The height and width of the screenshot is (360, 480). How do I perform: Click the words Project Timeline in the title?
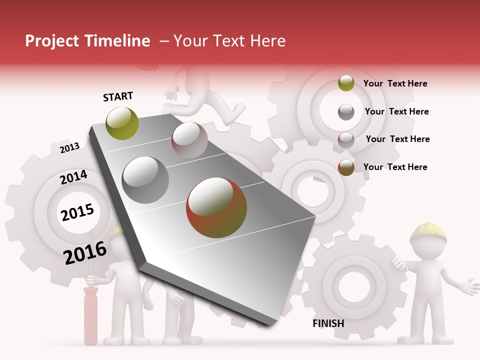(x=87, y=41)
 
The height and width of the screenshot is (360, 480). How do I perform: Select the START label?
(x=118, y=96)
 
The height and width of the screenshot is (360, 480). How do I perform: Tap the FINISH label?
(x=328, y=323)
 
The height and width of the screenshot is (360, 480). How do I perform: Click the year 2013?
(x=69, y=147)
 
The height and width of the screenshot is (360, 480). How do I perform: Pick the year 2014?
(x=73, y=177)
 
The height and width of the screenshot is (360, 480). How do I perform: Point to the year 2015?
(x=77, y=212)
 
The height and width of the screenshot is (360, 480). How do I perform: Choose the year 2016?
(x=85, y=252)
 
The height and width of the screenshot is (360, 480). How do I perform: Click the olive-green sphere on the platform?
(x=122, y=123)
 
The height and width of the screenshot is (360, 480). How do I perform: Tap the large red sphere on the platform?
(x=216, y=207)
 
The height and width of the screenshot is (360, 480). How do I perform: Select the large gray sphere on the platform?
(x=145, y=180)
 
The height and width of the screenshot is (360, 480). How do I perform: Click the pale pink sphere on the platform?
(x=189, y=140)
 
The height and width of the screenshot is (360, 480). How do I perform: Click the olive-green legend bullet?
(x=346, y=83)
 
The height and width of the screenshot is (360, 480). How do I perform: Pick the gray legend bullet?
(x=346, y=112)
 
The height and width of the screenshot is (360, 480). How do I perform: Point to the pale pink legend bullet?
(x=346, y=140)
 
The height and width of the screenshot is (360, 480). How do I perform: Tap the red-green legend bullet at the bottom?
(x=346, y=167)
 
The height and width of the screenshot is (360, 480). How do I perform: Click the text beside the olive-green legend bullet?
(x=395, y=83)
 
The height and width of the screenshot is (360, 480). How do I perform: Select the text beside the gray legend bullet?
(x=397, y=111)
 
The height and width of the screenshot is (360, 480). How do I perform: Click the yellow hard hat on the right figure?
(x=428, y=231)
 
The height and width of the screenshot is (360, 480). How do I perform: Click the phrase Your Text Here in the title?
(x=229, y=41)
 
